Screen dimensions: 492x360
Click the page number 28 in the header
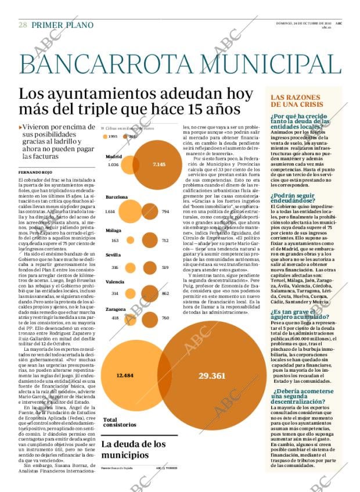(23, 25)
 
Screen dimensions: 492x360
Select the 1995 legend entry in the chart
(109, 137)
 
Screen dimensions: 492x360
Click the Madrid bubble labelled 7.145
(159, 164)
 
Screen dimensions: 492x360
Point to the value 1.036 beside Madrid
(113, 164)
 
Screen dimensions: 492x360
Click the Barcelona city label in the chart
(117, 197)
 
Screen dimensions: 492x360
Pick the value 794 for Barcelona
(165, 211)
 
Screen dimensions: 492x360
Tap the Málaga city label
(113, 231)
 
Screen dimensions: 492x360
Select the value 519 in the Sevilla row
(165, 267)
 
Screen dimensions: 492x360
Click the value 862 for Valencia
(165, 293)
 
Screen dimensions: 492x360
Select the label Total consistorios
(120, 422)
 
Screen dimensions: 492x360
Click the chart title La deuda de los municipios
(133, 450)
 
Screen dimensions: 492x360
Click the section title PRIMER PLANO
(62, 25)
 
